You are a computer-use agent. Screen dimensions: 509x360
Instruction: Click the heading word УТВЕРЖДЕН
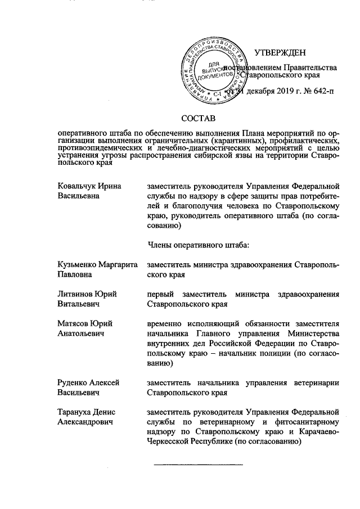point(280,53)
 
